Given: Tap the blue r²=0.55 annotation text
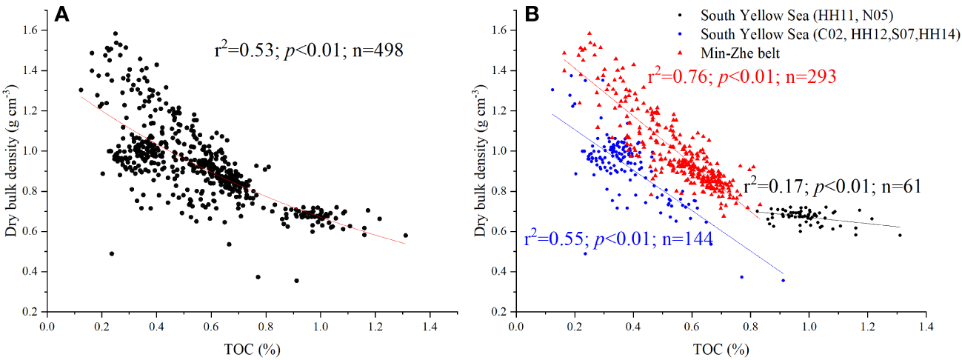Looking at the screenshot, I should pos(618,239).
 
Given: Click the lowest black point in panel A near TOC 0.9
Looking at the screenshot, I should pos(296,281).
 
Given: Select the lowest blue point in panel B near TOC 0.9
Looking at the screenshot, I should pos(783,280).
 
